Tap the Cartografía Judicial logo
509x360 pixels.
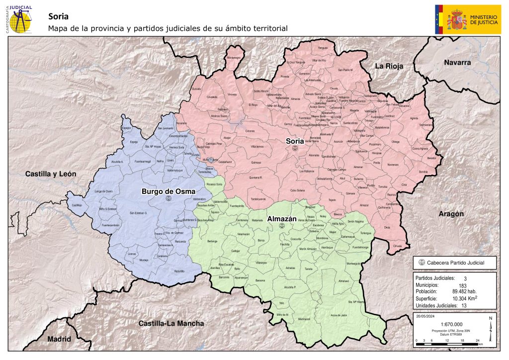click(x=19, y=18)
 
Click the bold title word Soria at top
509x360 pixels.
click(x=58, y=15)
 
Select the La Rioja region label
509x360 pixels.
click(x=389, y=66)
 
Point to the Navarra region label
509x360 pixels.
click(x=457, y=63)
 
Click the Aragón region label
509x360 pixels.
click(x=451, y=213)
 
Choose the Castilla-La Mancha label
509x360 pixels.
click(x=171, y=323)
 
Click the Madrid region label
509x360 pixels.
click(x=59, y=339)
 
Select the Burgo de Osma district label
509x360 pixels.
click(x=168, y=191)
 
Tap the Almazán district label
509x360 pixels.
click(x=282, y=218)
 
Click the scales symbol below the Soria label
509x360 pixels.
click(x=295, y=149)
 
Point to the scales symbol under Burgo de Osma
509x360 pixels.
click(x=167, y=198)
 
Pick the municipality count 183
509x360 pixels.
click(x=463, y=285)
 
